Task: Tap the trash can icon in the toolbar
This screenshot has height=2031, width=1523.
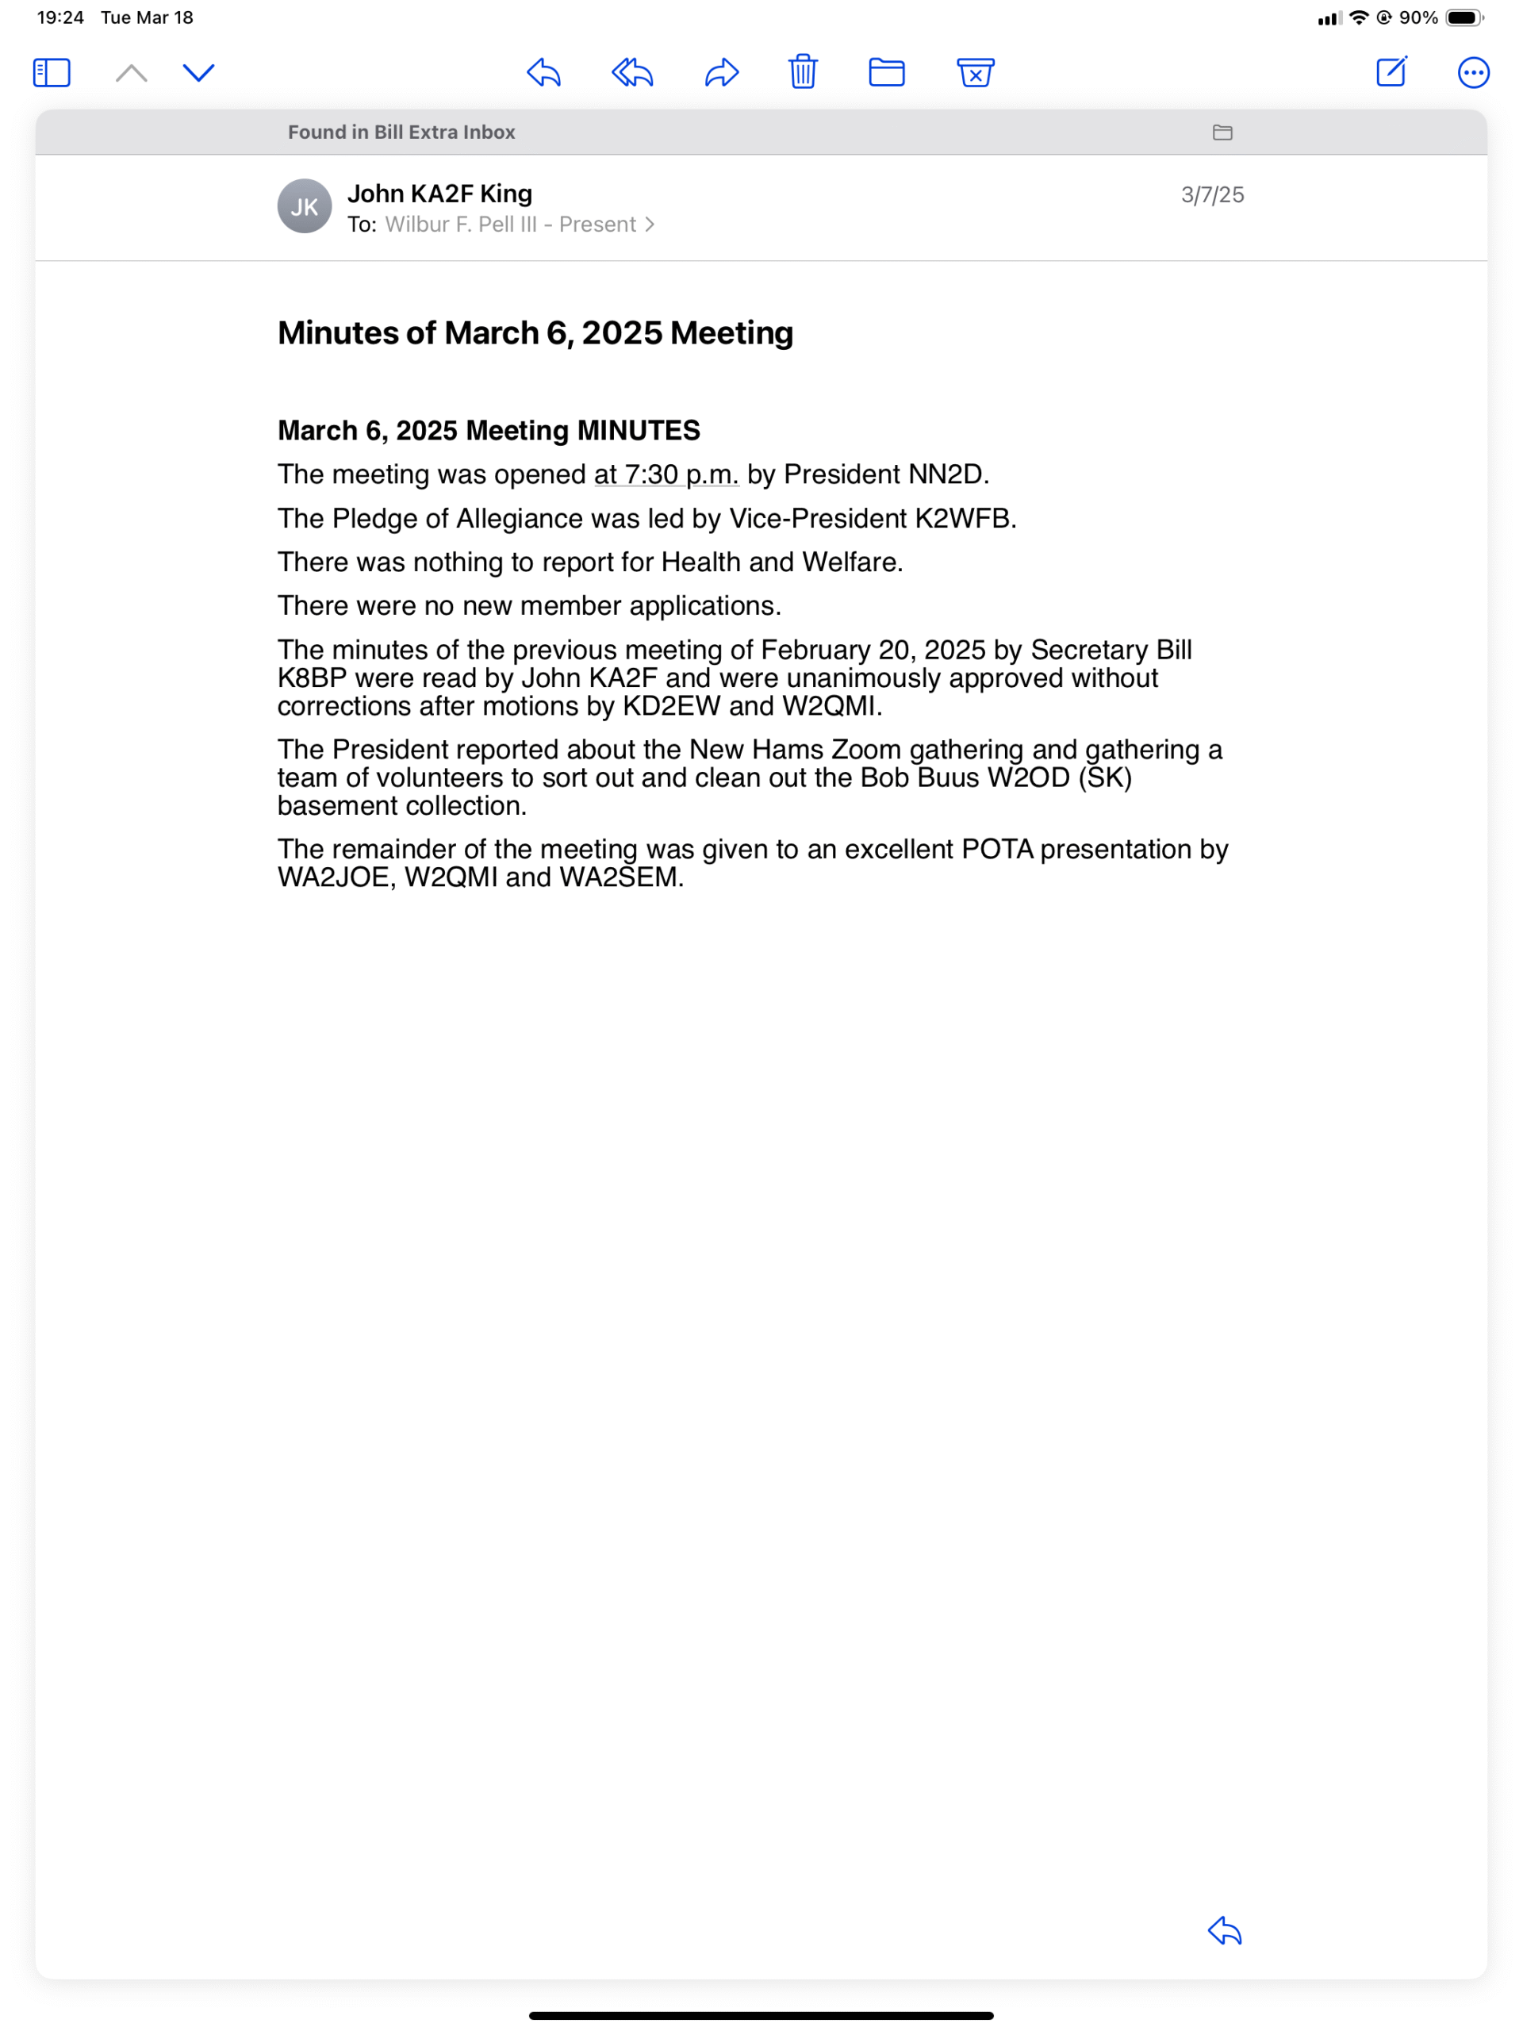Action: click(803, 71)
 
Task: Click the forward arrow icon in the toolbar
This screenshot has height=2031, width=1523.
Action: click(722, 71)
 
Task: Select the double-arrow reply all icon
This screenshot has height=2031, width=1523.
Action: click(632, 71)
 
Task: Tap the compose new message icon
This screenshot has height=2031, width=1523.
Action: click(1391, 71)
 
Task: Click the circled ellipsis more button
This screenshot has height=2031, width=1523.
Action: click(1472, 72)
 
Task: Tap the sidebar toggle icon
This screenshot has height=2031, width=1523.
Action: click(52, 72)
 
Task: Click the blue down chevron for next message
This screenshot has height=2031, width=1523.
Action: click(198, 72)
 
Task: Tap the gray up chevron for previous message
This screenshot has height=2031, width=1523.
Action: click(131, 72)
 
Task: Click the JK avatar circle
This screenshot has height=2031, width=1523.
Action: click(305, 206)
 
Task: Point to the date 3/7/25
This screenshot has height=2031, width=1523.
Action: click(1212, 194)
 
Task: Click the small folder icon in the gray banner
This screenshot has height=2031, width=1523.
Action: click(1222, 132)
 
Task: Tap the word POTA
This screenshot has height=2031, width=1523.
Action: click(997, 850)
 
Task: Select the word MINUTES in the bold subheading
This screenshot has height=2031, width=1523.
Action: click(638, 431)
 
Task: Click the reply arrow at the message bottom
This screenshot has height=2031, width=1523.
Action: click(1225, 1931)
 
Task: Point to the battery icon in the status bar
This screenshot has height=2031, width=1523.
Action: click(1464, 17)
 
